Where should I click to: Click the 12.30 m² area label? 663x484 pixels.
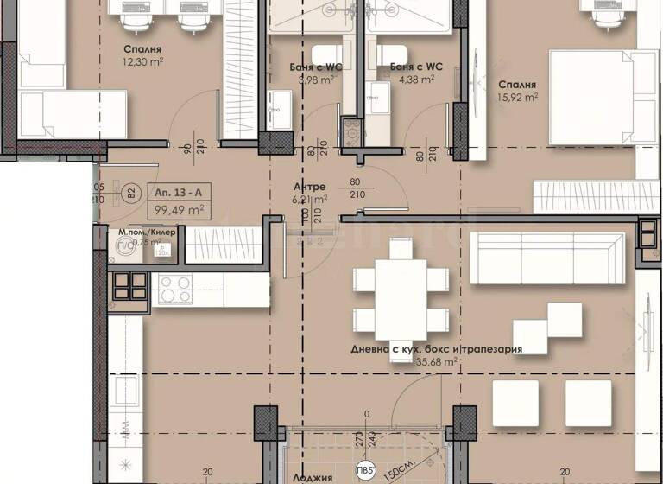coord(144,61)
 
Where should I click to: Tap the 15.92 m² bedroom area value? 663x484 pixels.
coord(518,98)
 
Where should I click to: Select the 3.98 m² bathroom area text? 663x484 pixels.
coord(313,80)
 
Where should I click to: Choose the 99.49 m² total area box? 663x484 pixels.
coord(179,209)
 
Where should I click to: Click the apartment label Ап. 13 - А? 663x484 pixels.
coord(178,193)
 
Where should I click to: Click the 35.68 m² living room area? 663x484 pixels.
coord(438,363)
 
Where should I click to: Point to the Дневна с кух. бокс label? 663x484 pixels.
coord(405,349)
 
